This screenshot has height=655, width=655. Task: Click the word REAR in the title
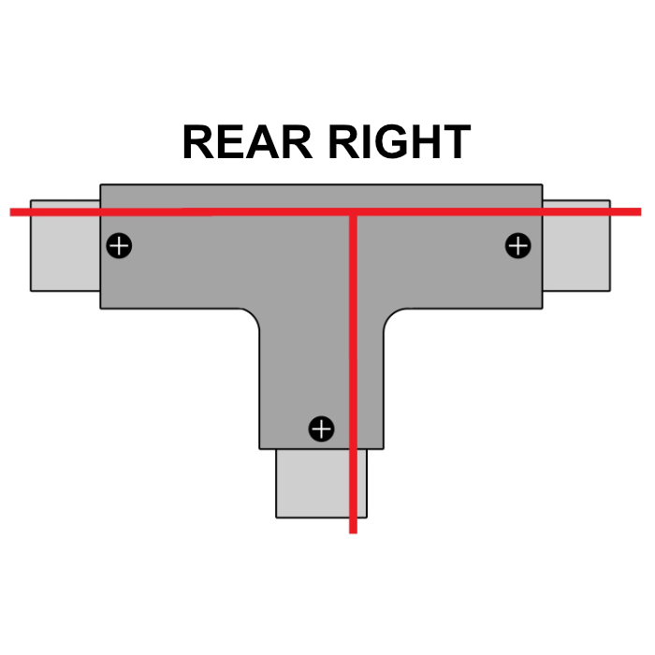click(247, 142)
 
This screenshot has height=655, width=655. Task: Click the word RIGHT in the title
click(399, 142)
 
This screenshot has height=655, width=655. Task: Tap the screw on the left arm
click(119, 246)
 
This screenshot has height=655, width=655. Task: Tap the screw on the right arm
click(517, 246)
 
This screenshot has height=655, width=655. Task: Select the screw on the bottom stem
click(321, 429)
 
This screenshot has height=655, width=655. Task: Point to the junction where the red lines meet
click(353, 213)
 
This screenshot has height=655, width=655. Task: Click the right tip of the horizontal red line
click(639, 211)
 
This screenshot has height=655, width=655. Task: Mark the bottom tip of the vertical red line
click(353, 531)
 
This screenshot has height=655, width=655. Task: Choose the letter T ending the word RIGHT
click(452, 142)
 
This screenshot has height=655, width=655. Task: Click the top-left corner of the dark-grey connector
click(101, 185)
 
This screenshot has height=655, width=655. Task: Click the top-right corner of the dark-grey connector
click(542, 185)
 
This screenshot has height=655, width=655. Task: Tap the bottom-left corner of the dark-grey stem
click(260, 447)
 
